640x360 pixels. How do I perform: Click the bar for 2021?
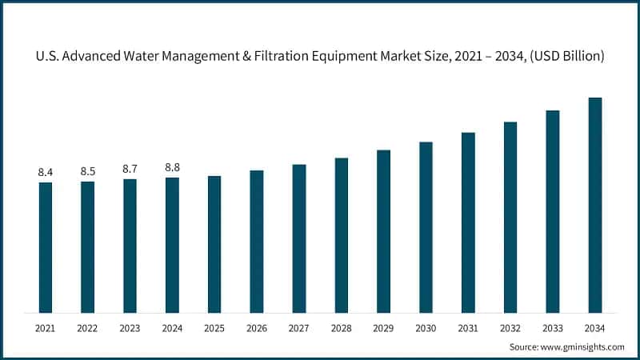46,247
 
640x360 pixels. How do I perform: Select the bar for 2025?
214,244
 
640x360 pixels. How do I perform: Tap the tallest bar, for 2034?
595,205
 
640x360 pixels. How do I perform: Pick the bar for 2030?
426,227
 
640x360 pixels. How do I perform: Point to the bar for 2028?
342,235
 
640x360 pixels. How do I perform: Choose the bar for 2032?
510,217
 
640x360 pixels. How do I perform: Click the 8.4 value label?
46,172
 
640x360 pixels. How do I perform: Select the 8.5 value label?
88,171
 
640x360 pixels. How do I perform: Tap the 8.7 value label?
130,169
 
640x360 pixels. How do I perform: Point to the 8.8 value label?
172,167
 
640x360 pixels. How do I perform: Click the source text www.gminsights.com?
581,346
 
